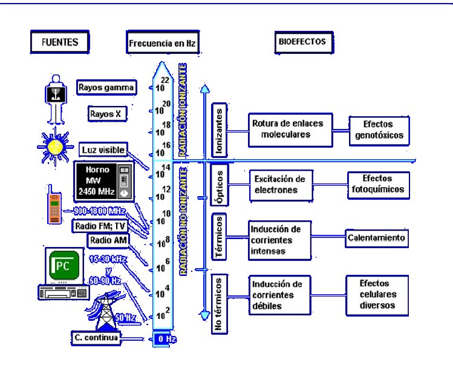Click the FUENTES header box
point(58,42)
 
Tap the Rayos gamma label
point(106,87)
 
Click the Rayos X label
point(106,113)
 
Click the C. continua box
point(101,338)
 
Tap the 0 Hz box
point(163,338)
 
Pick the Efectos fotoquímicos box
point(376,184)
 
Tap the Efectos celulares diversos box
point(376,294)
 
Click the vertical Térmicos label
point(221,237)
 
